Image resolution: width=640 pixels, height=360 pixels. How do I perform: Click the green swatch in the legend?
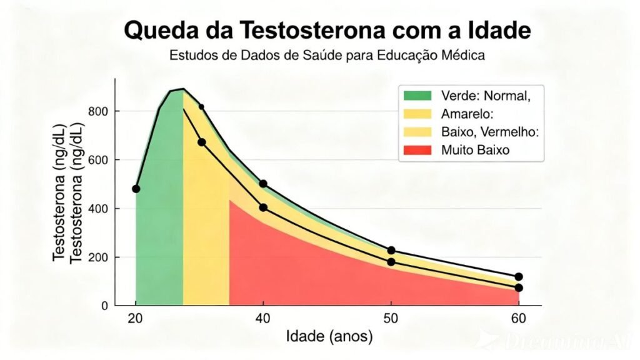click(x=417, y=95)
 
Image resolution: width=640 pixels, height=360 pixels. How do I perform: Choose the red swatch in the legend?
click(x=417, y=150)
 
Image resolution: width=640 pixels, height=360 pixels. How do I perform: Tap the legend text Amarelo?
click(x=468, y=114)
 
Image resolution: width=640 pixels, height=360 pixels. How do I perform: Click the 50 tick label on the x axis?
click(x=391, y=318)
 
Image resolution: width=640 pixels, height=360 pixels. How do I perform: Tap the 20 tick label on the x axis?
click(x=136, y=318)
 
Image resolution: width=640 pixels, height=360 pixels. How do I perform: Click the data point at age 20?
click(x=136, y=189)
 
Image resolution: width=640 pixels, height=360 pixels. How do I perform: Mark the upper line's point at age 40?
click(x=263, y=184)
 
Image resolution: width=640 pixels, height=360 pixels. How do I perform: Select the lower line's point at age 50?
click(x=391, y=262)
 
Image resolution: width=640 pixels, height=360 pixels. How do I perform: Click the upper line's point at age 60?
click(x=519, y=277)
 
